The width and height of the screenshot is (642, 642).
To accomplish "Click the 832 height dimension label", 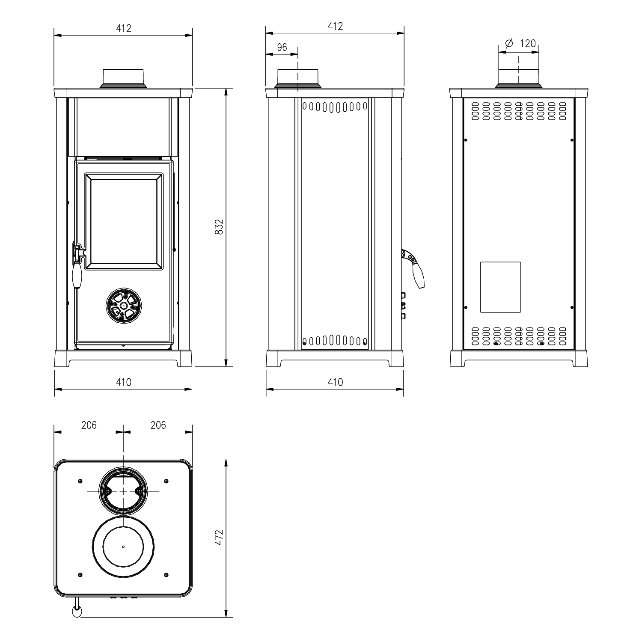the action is coord(219,227).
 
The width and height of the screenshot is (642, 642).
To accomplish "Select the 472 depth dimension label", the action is coord(219,538).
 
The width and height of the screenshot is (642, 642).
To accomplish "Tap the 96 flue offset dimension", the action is coord(282,47).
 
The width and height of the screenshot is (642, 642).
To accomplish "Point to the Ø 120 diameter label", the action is coord(520,43).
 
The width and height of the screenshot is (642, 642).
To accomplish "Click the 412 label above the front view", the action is coord(123,28).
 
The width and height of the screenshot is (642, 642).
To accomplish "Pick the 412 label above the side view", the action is coord(335,26).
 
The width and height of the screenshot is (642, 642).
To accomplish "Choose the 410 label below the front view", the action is coord(123,382).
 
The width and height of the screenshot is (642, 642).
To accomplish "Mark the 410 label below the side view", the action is coord(335,382).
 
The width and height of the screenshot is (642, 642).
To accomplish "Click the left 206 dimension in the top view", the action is coord(89,425).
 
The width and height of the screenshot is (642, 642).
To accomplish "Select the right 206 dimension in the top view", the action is coord(158,425).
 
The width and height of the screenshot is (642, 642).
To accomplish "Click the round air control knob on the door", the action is coord(123,305).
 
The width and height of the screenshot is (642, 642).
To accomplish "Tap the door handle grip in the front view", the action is coord(77,275).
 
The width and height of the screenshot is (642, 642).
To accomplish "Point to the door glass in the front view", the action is coord(123,221).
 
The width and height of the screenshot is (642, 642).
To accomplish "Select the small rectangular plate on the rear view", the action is coord(500,287).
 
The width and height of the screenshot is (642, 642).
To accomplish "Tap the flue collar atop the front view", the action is coord(124,78).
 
